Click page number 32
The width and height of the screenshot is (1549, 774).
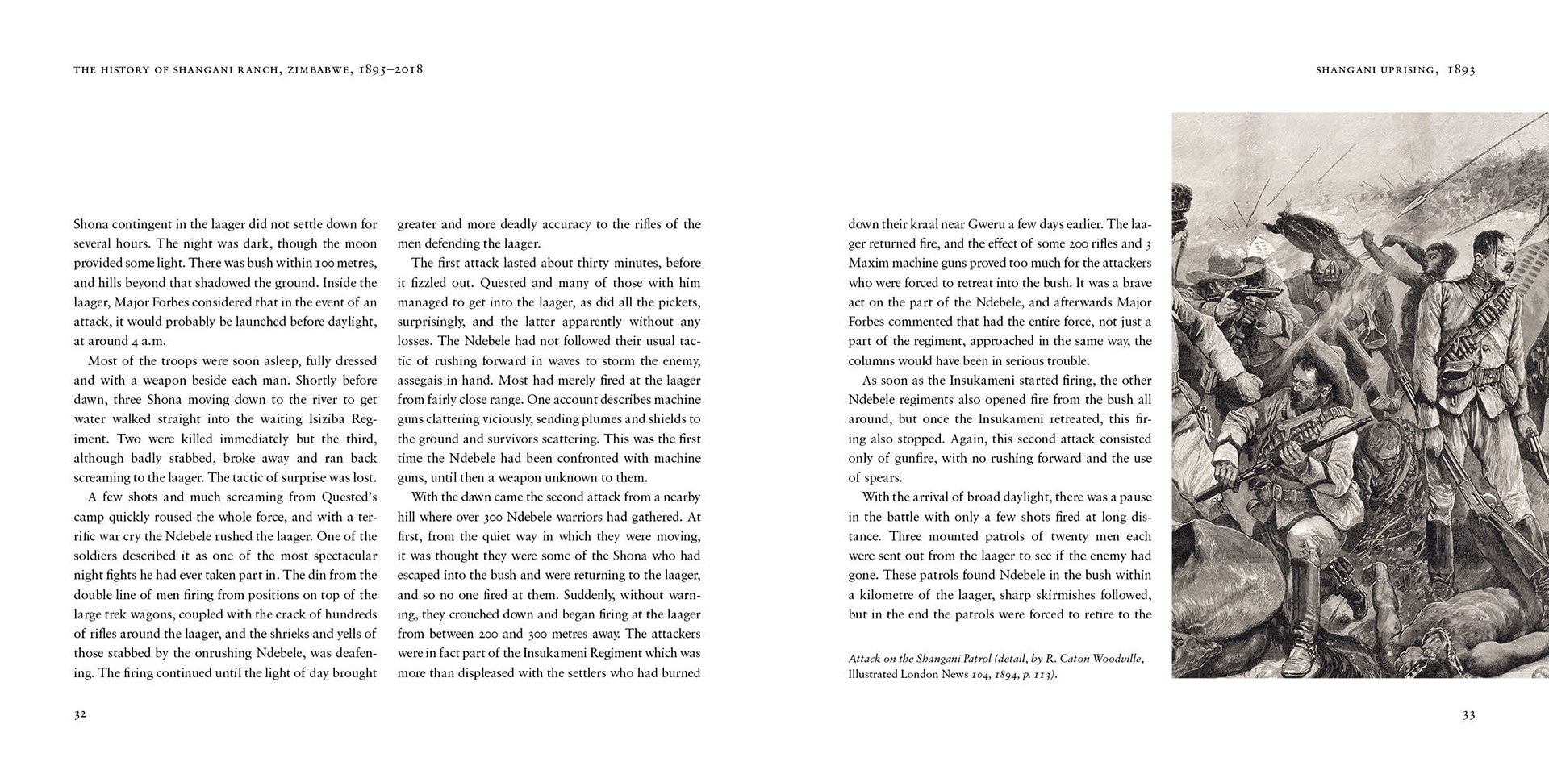click(x=80, y=714)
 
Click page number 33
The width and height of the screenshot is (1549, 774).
click(x=1468, y=714)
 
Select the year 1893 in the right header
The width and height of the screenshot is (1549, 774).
click(x=1461, y=70)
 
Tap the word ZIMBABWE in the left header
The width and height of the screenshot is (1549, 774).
click(x=317, y=70)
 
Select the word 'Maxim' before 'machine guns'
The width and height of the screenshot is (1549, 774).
click(x=867, y=264)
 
